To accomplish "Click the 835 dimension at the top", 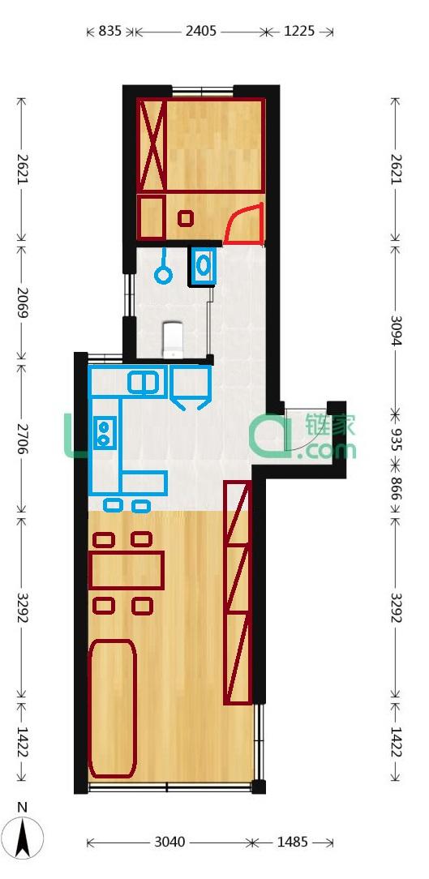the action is click(110, 32).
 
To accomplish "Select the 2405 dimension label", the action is click(201, 32).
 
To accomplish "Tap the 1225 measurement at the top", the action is click(299, 32).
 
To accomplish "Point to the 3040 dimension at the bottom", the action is click(170, 842).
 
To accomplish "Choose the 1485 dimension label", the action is click(292, 842).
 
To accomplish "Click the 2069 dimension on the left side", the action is click(22, 302).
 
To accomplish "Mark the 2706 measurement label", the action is click(22, 439).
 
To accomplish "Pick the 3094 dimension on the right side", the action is click(396, 331).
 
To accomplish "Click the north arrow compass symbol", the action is click(23, 833).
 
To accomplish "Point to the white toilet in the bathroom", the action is click(172, 339).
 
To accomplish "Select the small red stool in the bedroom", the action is click(186, 217).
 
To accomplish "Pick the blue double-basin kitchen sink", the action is click(144, 383).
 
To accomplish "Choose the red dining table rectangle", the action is click(127, 570).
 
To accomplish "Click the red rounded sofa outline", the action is click(112, 709).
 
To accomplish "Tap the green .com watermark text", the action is click(331, 449).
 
